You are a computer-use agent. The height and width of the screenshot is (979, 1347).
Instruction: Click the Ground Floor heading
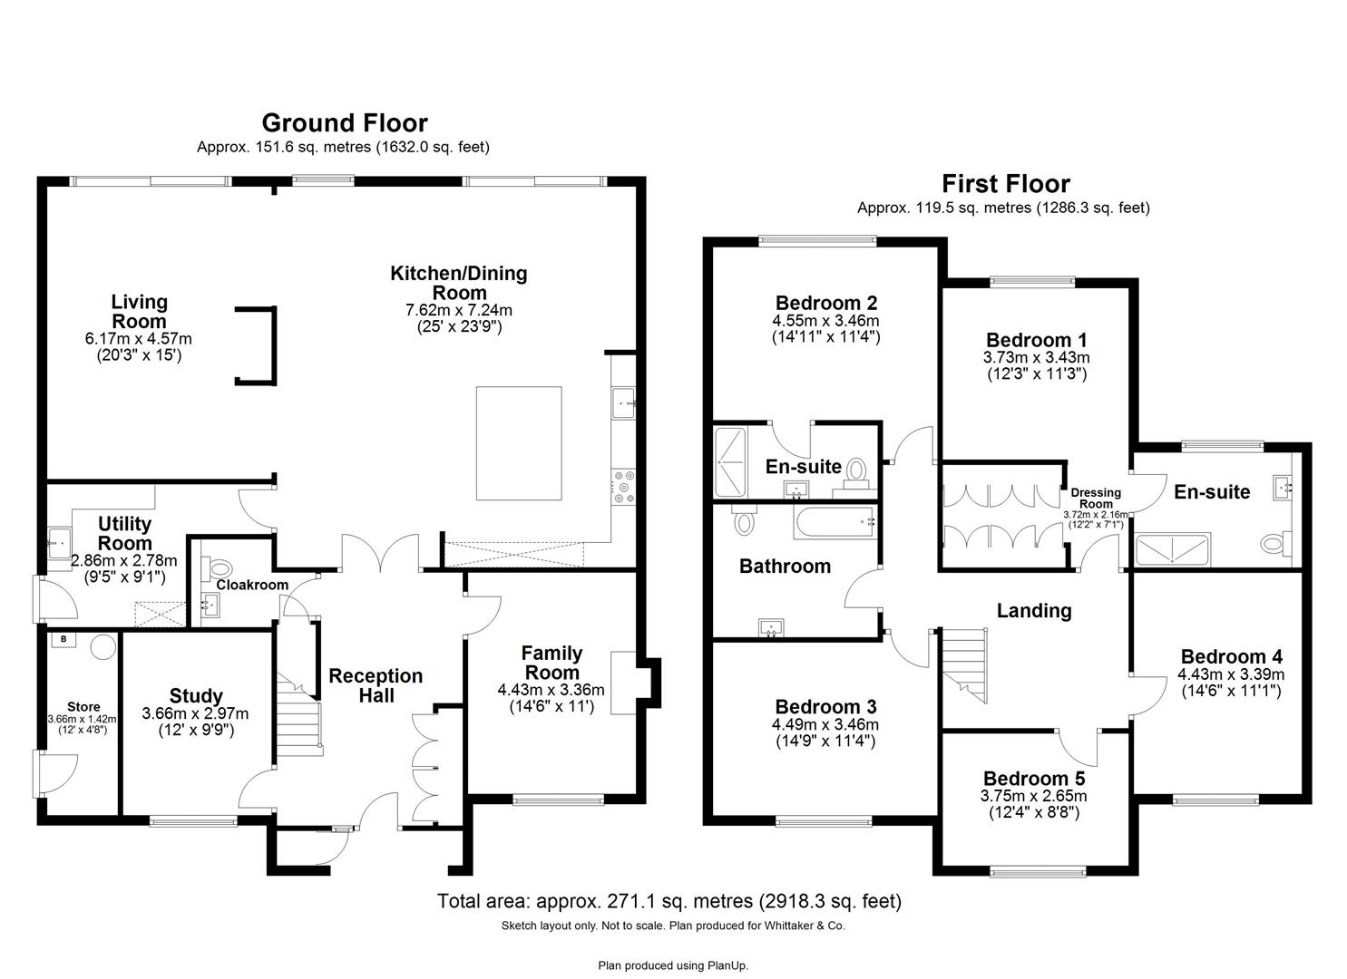[x=344, y=122]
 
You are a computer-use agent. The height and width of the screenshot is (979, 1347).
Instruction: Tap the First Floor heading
[x=1005, y=184]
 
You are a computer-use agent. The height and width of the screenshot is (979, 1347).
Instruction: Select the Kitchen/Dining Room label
[x=458, y=283]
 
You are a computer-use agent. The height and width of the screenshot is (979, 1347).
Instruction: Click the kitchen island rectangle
[x=518, y=442]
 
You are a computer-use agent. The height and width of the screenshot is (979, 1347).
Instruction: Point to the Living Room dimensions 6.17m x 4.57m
[x=139, y=339]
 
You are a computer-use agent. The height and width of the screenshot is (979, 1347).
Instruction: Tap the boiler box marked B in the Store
[x=63, y=640]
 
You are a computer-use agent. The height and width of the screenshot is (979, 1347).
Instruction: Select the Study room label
[x=196, y=696]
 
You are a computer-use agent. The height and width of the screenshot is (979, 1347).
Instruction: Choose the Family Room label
[x=551, y=663]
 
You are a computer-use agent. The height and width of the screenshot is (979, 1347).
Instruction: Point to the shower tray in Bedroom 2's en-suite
[x=730, y=462]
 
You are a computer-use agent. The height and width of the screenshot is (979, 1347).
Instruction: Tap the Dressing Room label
[x=1096, y=499]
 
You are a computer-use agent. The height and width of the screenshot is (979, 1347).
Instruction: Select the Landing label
[x=1034, y=611]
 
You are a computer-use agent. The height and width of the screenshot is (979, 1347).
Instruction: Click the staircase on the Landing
[x=963, y=666]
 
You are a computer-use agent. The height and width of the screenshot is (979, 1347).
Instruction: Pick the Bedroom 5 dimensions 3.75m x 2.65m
[x=1033, y=797]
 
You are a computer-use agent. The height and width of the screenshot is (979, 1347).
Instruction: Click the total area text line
[x=669, y=901]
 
